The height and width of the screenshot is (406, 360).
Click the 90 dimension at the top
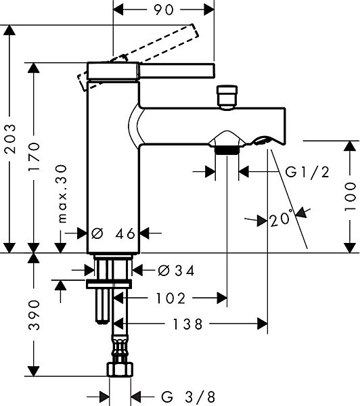[164, 10]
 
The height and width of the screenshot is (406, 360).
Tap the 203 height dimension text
[10, 139]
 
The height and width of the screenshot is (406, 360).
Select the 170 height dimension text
[35, 156]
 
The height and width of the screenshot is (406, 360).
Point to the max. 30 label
[63, 194]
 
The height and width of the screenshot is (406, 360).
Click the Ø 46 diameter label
[114, 233]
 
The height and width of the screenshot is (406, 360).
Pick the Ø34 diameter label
[176, 271]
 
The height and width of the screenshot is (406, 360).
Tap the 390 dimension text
[35, 315]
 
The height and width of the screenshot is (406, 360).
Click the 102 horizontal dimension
[171, 298]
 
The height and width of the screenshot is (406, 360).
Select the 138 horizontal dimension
[187, 324]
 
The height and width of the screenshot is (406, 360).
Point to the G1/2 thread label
[307, 172]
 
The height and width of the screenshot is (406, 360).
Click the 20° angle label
[281, 219]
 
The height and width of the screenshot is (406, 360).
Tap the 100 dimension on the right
[350, 197]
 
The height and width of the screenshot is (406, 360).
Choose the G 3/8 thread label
[188, 397]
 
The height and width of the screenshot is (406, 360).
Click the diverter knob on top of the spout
[227, 97]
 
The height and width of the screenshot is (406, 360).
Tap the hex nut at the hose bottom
[120, 369]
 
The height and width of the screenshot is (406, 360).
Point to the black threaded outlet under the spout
[227, 150]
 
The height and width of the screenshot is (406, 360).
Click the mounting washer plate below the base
[109, 284]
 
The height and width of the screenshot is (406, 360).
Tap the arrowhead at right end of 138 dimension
[263, 324]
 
